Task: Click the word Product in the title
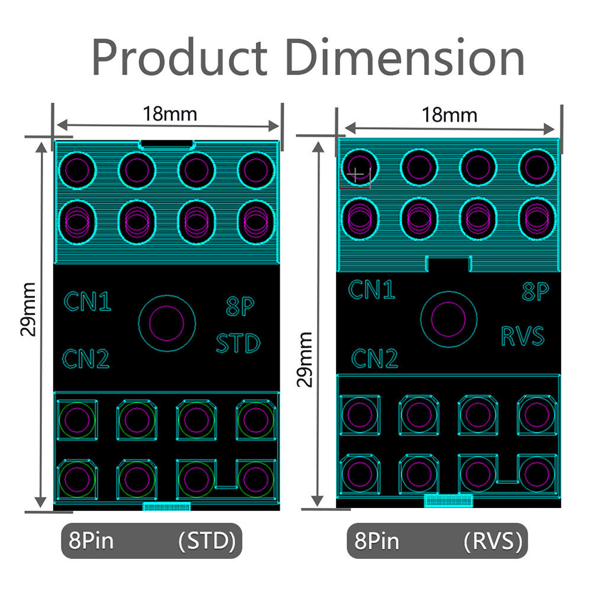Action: pyautogui.click(x=180, y=57)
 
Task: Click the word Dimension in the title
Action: pyautogui.click(x=405, y=57)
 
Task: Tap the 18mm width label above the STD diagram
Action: pyautogui.click(x=170, y=114)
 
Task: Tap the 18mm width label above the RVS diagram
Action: pyautogui.click(x=449, y=115)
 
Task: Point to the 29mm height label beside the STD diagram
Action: pyautogui.click(x=28, y=309)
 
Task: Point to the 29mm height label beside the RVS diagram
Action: pyautogui.click(x=305, y=359)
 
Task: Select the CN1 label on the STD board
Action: pyautogui.click(x=88, y=301)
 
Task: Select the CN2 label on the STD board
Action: pyautogui.click(x=86, y=358)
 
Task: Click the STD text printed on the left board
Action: pyautogui.click(x=238, y=343)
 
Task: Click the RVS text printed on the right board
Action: pyautogui.click(x=523, y=336)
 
